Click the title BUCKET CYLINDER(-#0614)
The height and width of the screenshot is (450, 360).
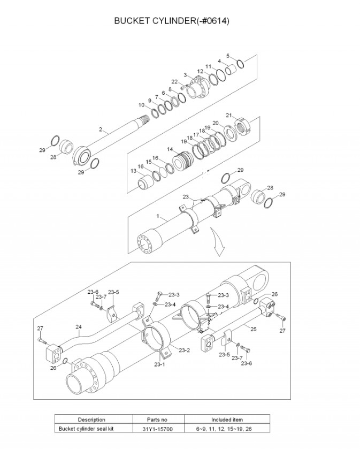pos(172,21)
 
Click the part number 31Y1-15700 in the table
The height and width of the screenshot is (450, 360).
pos(157,429)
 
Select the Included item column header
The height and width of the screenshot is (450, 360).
pos(227,420)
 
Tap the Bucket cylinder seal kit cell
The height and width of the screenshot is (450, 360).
pos(86,429)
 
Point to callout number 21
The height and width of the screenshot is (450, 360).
pos(228,116)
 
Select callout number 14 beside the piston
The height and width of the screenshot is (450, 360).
pos(170,149)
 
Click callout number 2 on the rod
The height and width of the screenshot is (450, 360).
pos(101,129)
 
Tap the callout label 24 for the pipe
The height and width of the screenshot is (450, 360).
pos(79,327)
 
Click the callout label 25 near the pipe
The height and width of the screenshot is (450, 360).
pos(254,329)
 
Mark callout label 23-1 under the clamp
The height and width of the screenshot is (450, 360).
pos(159,364)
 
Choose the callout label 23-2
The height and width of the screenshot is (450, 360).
pos(184,350)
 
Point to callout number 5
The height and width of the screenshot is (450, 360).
pos(228,56)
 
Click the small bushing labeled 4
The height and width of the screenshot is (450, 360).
pos(231,70)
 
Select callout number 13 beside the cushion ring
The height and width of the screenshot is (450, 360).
pos(133,171)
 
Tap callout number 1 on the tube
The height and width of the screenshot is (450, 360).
pos(158,216)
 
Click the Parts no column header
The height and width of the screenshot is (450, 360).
pos(157,420)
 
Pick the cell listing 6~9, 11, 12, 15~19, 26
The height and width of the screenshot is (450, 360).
pos(224,429)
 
